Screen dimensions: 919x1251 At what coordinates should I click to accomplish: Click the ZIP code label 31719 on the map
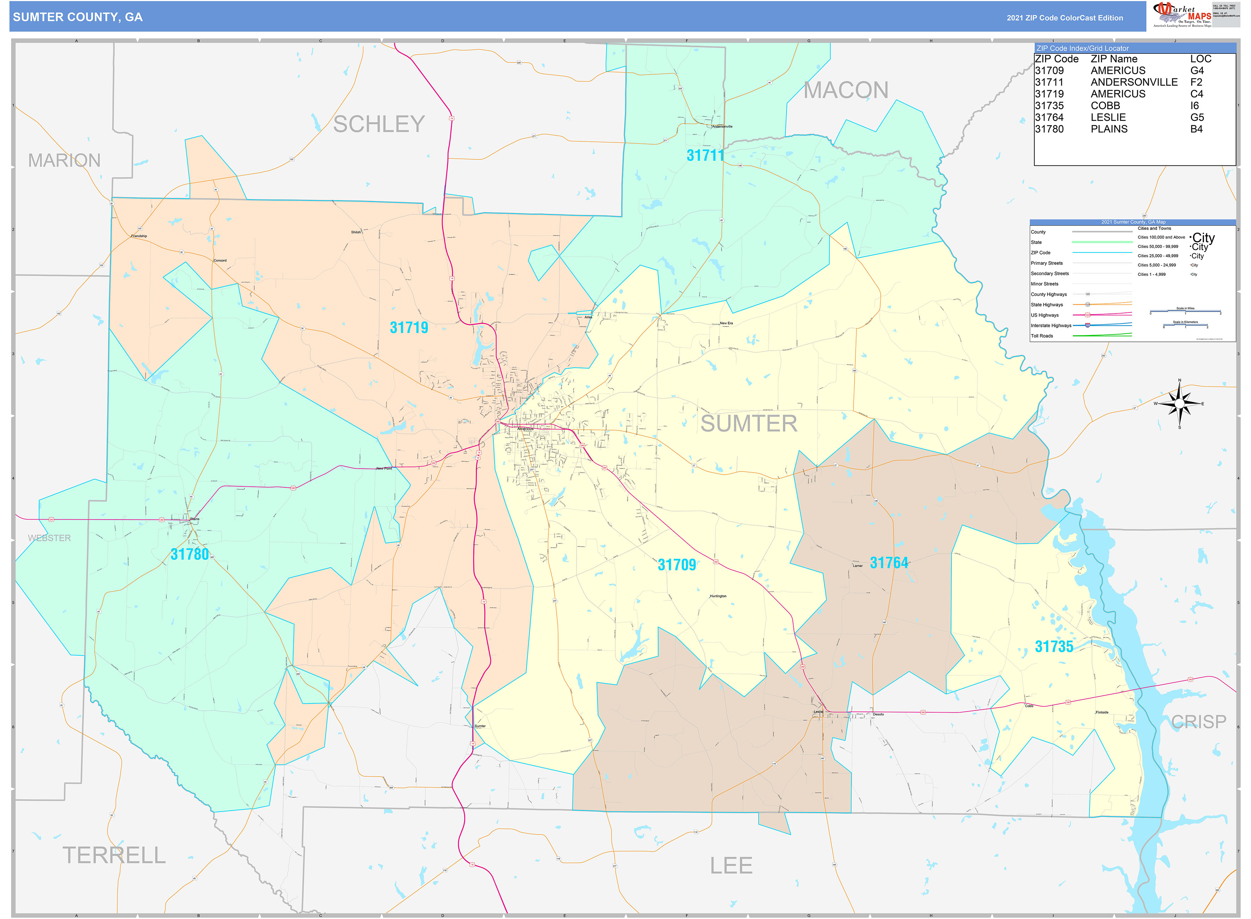click(409, 328)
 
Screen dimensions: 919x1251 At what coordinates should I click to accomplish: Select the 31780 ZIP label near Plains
click(190, 554)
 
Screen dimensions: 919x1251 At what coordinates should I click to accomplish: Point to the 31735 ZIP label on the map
click(1054, 646)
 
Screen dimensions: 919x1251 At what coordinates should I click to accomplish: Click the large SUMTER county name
click(748, 424)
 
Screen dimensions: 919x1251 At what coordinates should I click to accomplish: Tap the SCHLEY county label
click(379, 124)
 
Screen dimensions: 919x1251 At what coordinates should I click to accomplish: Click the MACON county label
click(846, 90)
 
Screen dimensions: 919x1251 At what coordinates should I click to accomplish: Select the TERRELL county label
click(114, 855)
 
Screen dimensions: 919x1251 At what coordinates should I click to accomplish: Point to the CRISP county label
click(1198, 721)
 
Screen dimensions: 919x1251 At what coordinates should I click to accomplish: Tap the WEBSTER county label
click(49, 538)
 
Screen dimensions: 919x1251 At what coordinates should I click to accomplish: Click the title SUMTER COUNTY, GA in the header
click(78, 17)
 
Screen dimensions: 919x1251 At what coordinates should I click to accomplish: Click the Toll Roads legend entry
click(1041, 336)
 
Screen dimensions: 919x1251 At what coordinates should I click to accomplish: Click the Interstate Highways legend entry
click(1050, 326)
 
